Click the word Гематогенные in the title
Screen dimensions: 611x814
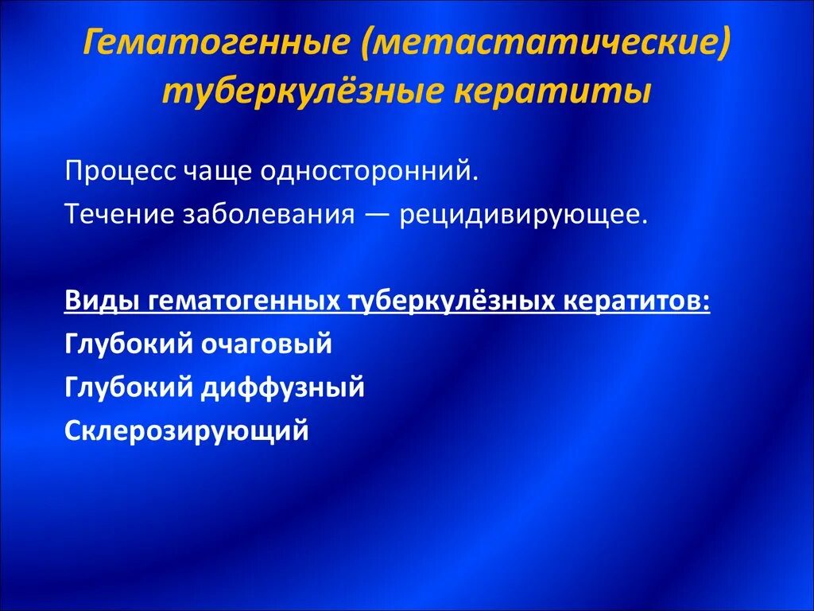[x=216, y=45]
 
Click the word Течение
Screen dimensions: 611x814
[x=118, y=215]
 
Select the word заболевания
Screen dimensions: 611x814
[x=268, y=216]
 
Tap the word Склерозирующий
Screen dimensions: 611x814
[x=185, y=431]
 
